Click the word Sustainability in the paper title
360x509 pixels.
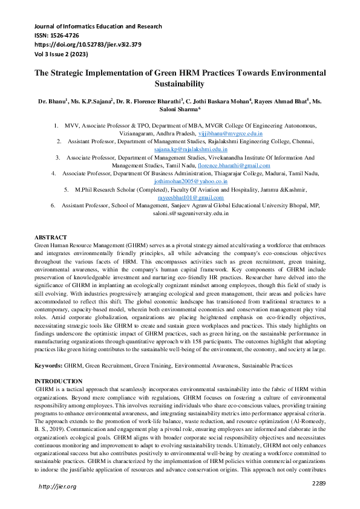point(180,83)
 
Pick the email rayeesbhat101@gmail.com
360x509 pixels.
point(191,197)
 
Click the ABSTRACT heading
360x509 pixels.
point(51,238)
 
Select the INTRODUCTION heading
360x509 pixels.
point(58,381)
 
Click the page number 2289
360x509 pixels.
point(319,482)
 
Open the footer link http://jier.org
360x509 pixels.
point(57,487)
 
